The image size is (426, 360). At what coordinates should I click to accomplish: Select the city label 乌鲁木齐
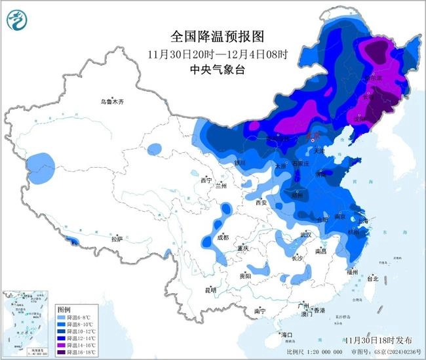coord(112,102)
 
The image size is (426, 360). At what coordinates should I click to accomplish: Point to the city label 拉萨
coord(117,240)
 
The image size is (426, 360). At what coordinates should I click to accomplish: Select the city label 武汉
coord(305,234)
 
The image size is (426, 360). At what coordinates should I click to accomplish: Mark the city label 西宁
coord(207,180)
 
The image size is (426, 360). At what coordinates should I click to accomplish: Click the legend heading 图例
coord(64,309)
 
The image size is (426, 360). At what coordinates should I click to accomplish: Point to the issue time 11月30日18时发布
coord(378,340)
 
